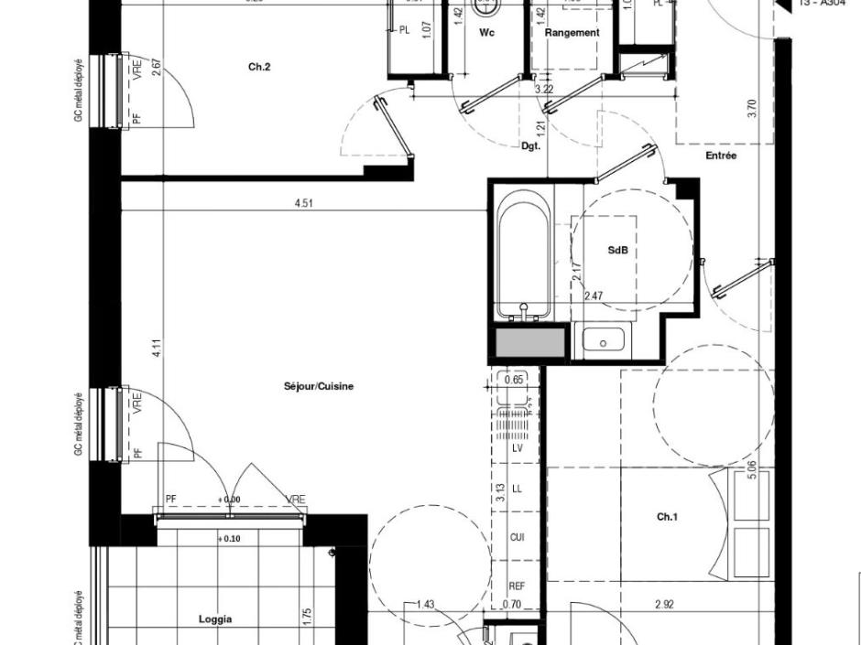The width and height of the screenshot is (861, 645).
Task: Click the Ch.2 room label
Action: tap(259, 67)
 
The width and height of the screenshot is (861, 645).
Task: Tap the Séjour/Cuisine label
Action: tap(319, 386)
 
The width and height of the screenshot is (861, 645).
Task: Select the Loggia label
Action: tap(215, 619)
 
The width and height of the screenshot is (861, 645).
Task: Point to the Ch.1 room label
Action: tap(667, 517)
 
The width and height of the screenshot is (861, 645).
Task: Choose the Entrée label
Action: tap(721, 156)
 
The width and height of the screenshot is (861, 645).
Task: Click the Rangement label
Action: tap(572, 33)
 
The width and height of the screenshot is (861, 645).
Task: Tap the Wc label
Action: tap(486, 33)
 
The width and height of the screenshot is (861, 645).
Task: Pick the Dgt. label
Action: tap(531, 145)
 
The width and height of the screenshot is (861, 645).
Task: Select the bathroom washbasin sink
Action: tap(603, 340)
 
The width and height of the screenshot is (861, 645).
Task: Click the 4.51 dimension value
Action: tap(304, 203)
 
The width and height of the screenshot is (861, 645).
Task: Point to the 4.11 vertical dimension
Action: tap(157, 349)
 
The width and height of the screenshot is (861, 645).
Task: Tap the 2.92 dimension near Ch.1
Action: tap(665, 605)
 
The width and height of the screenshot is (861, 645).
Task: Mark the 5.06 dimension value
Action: tap(752, 471)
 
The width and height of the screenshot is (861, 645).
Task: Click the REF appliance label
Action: tap(518, 586)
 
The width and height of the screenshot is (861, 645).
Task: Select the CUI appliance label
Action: tap(518, 537)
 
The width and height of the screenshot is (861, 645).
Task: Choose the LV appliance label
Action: tap(518, 448)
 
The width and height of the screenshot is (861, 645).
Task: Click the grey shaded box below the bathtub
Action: tap(530, 343)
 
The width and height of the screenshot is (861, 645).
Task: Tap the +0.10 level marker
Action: tap(229, 539)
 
